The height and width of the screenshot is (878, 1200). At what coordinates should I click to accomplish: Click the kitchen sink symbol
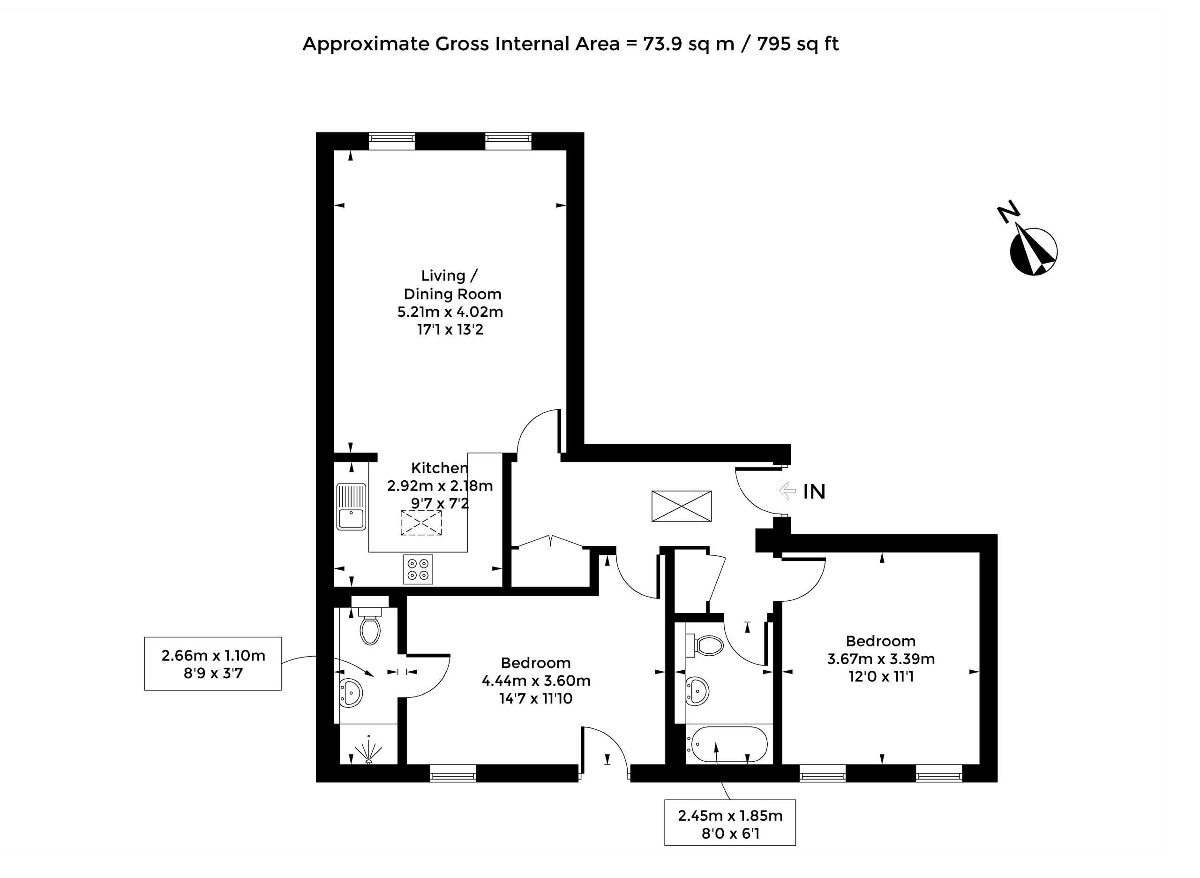[351, 507]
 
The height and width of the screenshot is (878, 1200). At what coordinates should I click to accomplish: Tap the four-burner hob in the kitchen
[418, 569]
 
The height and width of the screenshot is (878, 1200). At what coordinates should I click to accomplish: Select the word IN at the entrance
[814, 492]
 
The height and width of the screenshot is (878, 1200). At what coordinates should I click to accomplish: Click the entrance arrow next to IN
[787, 491]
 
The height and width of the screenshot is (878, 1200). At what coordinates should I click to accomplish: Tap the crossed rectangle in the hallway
[682, 506]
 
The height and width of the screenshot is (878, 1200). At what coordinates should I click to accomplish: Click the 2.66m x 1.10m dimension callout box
[212, 664]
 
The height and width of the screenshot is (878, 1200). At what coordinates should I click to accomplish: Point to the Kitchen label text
[440, 468]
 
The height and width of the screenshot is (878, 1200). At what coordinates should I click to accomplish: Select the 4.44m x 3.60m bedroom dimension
[536, 680]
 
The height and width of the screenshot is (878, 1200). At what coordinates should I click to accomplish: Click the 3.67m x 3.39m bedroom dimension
[881, 659]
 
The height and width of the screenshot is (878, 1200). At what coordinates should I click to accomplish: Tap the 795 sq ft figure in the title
[798, 44]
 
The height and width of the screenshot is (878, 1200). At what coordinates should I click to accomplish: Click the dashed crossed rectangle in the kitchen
[421, 523]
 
